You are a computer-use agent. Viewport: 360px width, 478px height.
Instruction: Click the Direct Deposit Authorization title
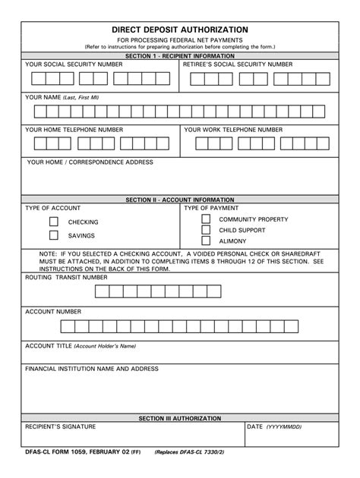coord(180,29)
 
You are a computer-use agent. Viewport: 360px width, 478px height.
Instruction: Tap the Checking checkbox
coord(54,222)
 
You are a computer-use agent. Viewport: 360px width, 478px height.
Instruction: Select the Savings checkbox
coord(54,236)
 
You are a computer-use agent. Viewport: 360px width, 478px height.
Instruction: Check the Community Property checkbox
coord(205,219)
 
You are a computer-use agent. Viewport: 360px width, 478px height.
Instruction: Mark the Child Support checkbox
coord(205,230)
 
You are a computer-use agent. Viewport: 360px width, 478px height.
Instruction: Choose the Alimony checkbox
coord(205,241)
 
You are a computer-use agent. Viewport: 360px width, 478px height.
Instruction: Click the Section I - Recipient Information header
coord(180,57)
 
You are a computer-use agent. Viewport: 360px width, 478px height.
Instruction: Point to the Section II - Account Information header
coord(180,200)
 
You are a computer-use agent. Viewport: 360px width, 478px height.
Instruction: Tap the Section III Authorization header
coord(180,418)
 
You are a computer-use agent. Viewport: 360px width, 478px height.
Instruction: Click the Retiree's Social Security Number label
coord(238,65)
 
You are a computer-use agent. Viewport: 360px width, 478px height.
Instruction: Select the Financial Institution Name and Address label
coord(92,369)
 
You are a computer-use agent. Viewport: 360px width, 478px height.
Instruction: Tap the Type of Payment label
coord(211,208)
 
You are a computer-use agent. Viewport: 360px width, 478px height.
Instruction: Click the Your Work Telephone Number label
coord(233,130)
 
